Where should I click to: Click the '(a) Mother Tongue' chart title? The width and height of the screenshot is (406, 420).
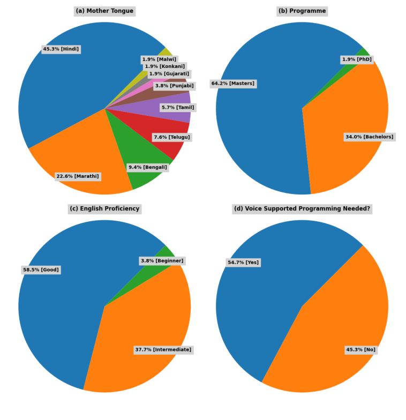click(104, 11)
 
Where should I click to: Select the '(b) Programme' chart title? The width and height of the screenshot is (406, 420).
click(302, 11)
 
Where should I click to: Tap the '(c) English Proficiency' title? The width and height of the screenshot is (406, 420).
click(104, 209)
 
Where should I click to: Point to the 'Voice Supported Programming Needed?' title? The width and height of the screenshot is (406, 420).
click(302, 209)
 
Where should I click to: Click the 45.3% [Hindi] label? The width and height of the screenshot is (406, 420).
click(61, 49)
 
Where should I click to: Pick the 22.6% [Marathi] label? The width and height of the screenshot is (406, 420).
click(78, 176)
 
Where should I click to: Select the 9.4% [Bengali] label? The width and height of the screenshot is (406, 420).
click(148, 167)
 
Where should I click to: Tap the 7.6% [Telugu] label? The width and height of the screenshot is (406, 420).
click(171, 137)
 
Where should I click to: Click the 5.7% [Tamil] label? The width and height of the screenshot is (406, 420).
click(178, 108)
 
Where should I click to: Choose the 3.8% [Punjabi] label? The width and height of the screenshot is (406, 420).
click(174, 86)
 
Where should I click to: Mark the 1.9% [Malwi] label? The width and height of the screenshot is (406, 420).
click(159, 59)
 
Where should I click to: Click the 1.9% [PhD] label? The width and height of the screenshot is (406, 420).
click(357, 59)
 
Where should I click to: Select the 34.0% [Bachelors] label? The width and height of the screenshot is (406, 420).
click(369, 137)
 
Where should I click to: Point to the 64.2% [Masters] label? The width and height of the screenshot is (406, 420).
click(233, 84)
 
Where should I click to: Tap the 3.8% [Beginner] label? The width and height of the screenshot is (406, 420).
click(162, 261)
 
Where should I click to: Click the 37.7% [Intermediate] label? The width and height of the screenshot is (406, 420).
click(163, 350)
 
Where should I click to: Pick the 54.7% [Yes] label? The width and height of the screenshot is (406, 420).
click(243, 262)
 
